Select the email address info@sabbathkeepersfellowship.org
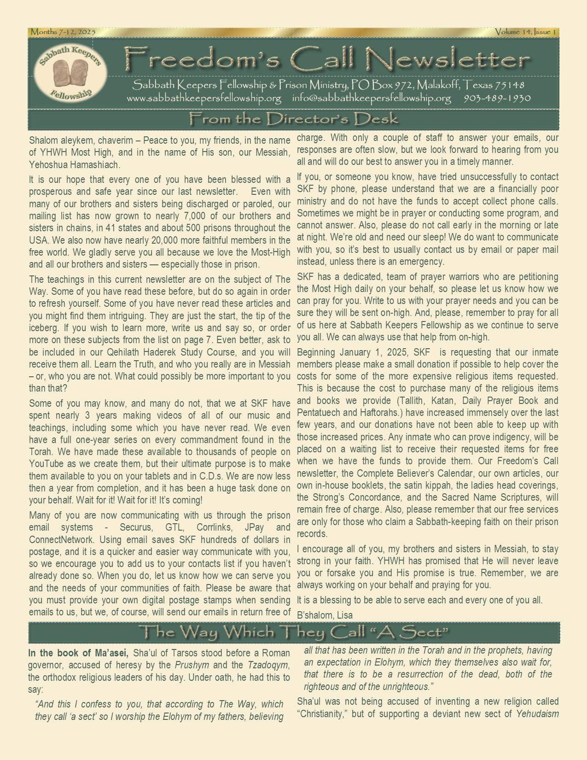[x=371, y=98]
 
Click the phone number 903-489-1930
[x=497, y=98]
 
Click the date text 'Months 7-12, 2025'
[x=63, y=32]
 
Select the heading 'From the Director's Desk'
[x=293, y=119]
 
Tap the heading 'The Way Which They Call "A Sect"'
[x=293, y=632]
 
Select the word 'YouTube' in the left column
[x=46, y=463]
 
